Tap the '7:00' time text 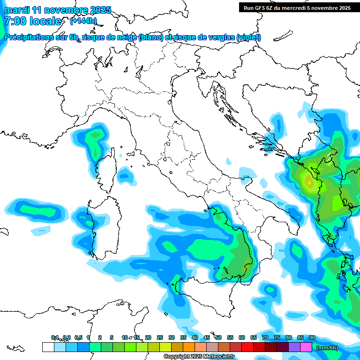(x=15, y=21)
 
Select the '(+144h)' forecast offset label (x=83, y=21)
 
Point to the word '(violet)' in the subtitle (x=248, y=37)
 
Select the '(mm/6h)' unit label (x=327, y=347)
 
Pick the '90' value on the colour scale (x=312, y=337)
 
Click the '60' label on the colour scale (x=241, y=337)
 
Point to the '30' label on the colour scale (x=171, y=337)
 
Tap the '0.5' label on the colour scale (x=78, y=337)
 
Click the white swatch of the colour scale (x=48, y=347)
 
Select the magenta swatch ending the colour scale (x=306, y=347)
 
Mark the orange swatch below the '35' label (x=188, y=347)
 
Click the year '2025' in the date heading (x=98, y=10)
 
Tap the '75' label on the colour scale (x=277, y=337)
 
